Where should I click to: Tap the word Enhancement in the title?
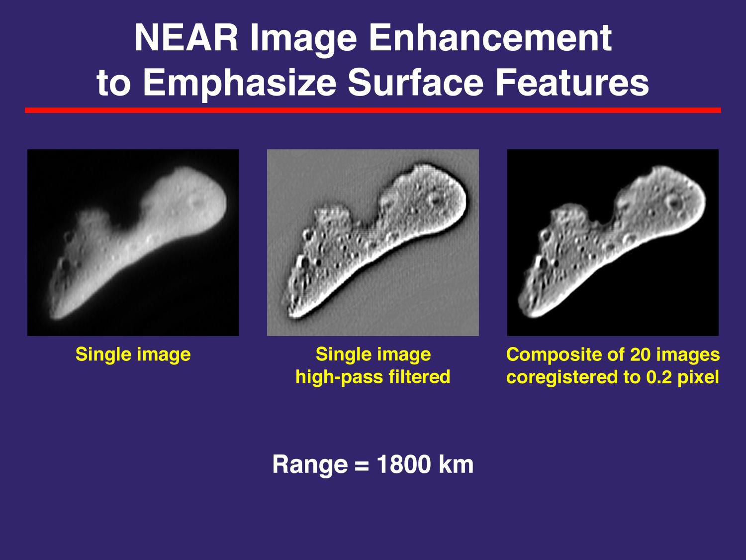490,38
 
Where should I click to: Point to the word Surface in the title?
416,83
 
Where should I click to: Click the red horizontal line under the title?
373,110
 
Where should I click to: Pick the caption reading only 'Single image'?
133,354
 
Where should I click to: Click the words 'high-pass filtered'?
373,377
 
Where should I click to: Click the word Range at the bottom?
310,465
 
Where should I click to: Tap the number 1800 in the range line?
403,465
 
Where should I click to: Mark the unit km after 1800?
456,465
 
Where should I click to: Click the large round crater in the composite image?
674,203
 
